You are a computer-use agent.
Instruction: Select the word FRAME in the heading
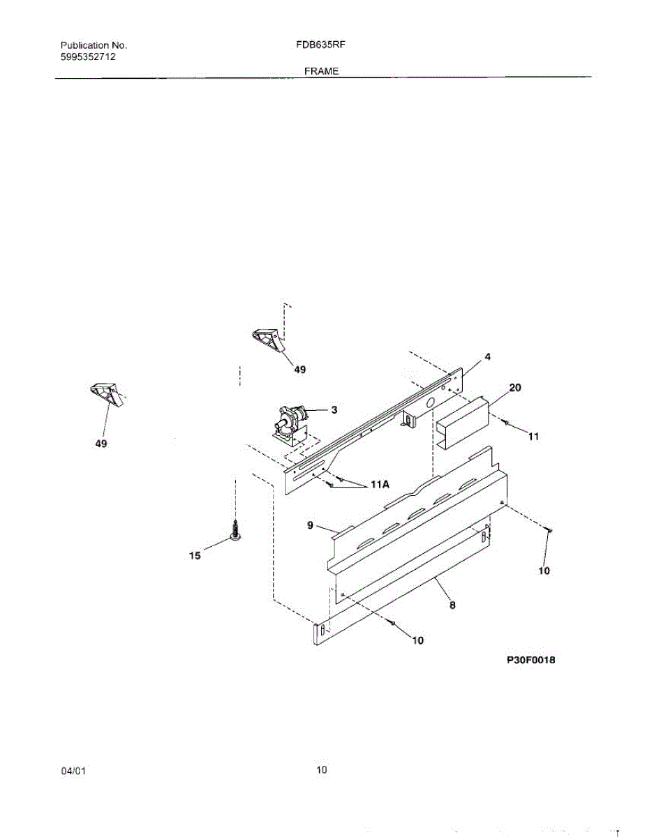(x=321, y=71)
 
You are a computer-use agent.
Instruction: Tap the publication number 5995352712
(x=88, y=57)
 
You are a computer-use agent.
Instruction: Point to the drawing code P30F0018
(x=530, y=659)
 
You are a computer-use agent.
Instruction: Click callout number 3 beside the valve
(x=334, y=410)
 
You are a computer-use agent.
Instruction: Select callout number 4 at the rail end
(x=487, y=357)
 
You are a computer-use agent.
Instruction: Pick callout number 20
(x=515, y=387)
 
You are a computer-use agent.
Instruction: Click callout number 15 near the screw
(x=195, y=556)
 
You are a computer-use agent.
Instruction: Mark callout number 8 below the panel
(x=452, y=605)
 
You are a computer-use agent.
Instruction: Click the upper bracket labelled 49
(x=267, y=340)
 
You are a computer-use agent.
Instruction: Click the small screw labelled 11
(x=506, y=423)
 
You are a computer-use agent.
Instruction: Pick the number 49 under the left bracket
(x=101, y=444)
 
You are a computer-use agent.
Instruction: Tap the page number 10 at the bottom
(x=321, y=770)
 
